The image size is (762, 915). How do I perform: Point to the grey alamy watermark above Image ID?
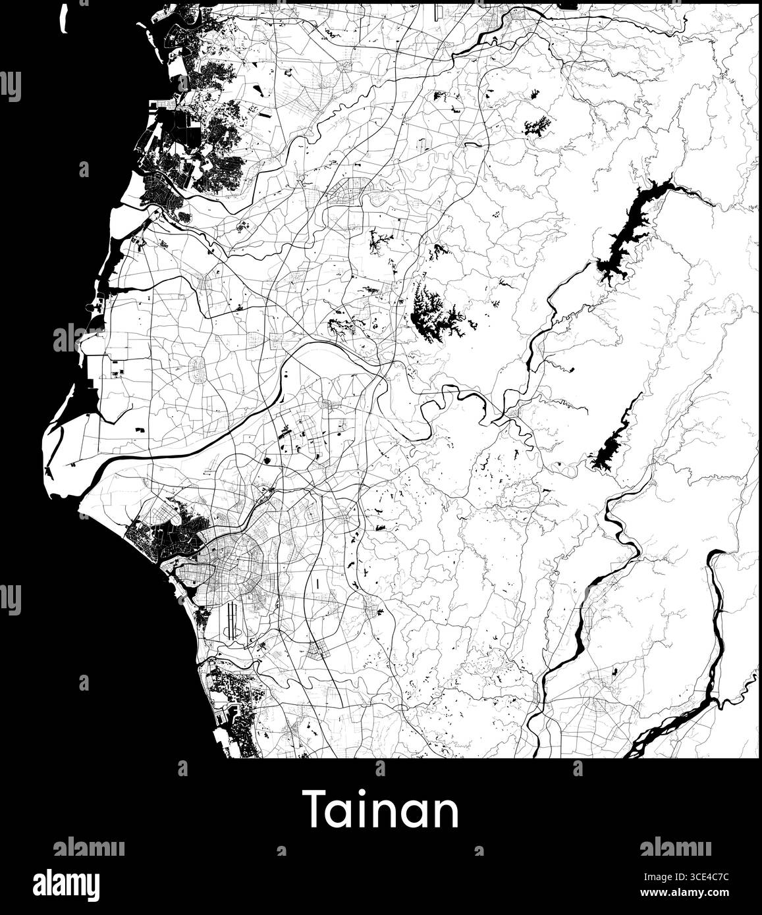pos(675,847)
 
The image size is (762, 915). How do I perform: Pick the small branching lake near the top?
pos(537,125)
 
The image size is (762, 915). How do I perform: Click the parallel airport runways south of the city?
pos(231,622)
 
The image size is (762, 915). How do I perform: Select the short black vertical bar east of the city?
pos(317,584)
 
